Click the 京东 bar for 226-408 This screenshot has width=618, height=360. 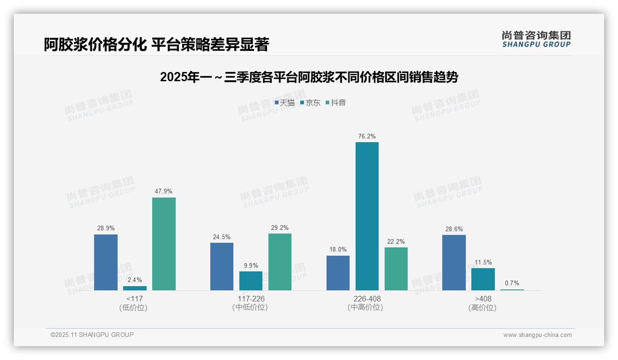367,216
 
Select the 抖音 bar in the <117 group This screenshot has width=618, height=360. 164,244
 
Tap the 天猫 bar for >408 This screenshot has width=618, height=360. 454,262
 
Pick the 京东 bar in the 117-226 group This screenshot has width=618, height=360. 250,281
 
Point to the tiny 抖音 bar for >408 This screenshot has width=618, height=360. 512,289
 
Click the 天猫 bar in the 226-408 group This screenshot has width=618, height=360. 338,273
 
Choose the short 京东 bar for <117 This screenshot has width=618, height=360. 135,288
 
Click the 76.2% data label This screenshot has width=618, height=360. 367,136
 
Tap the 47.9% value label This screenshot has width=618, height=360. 164,191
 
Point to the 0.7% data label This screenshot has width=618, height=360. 512,283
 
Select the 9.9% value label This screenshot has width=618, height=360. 251,265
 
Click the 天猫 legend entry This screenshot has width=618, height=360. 285,102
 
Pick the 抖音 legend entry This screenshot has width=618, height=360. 336,102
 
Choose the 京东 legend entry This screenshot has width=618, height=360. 310,102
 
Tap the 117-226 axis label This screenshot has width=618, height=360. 251,299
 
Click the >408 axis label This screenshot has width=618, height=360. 483,299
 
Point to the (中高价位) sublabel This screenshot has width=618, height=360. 365,307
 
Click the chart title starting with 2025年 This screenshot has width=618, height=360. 309,77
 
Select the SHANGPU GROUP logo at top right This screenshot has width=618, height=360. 536,39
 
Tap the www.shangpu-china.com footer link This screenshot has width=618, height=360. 537,335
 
